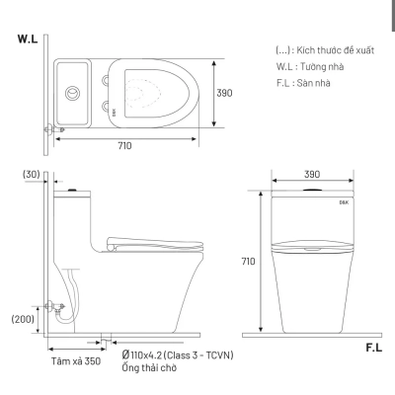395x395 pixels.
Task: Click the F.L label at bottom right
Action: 375,348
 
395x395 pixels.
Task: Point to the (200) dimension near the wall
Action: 24,320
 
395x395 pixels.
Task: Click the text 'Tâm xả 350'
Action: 77,361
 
